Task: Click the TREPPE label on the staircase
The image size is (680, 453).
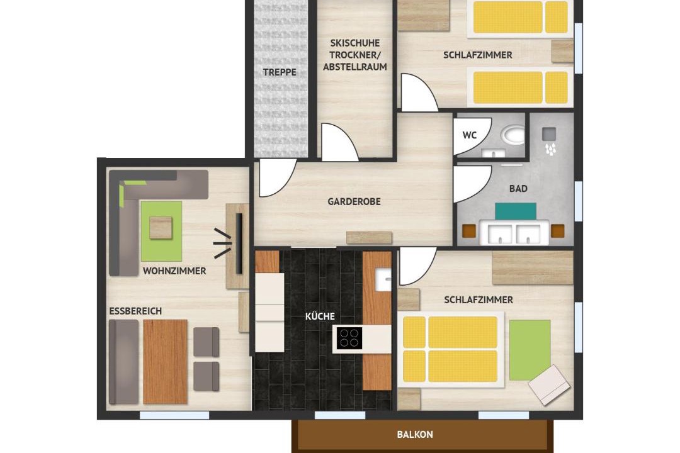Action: [280, 72]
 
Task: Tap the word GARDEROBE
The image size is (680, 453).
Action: [354, 201]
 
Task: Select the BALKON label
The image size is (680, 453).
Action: [415, 434]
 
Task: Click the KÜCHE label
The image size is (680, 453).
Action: [320, 316]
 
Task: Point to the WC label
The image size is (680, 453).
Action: [469, 135]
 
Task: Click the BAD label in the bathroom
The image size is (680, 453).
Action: [518, 189]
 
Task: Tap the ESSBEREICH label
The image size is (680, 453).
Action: [135, 311]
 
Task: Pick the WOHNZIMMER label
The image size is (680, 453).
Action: [174, 271]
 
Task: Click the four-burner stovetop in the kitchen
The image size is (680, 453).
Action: [349, 338]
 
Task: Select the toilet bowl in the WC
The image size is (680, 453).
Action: [512, 135]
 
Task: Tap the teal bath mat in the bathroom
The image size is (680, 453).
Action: [516, 211]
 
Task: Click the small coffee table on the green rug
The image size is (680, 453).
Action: [161, 228]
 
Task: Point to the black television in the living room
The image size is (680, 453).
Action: [239, 243]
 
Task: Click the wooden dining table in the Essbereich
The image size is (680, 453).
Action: [165, 362]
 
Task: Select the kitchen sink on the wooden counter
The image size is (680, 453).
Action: [383, 279]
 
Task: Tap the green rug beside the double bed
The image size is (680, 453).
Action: [530, 350]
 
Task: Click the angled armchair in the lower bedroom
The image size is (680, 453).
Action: [549, 385]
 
